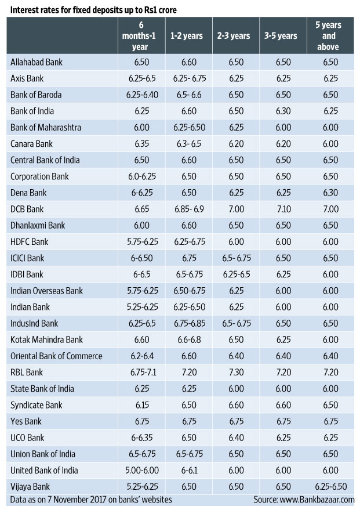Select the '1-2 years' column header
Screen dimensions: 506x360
coord(187,36)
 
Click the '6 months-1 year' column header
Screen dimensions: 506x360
coord(140,36)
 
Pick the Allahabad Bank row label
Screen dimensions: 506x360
coord(37,62)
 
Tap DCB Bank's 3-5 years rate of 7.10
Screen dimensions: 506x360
coord(281,209)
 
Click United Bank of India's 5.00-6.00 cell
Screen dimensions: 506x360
coord(140,470)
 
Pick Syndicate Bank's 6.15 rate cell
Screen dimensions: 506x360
coord(140,405)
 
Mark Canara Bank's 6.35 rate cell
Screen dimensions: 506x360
coord(140,143)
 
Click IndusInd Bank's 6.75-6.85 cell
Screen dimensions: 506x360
coord(187,323)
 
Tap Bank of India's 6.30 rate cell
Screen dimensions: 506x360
coord(281,110)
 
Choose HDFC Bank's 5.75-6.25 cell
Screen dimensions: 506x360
coord(140,241)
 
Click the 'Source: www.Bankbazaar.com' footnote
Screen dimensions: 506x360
coord(304,499)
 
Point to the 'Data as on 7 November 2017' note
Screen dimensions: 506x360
coord(91,499)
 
